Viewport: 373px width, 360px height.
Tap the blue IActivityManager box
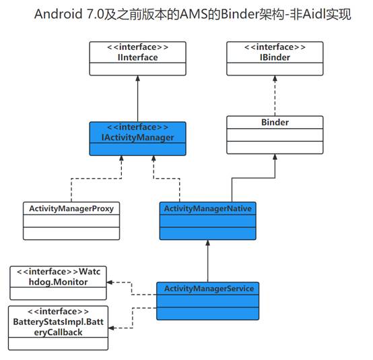point(137,137)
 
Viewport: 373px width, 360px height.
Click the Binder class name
point(275,123)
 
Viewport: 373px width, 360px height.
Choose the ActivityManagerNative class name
point(208,209)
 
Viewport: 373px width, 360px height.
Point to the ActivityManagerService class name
point(208,289)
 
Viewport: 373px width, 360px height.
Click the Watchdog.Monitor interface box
point(58,282)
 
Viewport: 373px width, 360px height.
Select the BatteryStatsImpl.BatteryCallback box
point(58,328)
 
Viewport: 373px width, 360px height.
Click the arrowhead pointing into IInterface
point(137,78)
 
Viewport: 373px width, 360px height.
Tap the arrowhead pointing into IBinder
point(275,78)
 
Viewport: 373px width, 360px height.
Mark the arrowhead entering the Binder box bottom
point(275,156)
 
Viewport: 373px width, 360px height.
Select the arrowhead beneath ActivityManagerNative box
point(208,244)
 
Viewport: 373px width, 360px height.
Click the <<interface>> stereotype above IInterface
point(137,47)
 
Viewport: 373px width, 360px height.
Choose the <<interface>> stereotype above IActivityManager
point(137,127)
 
